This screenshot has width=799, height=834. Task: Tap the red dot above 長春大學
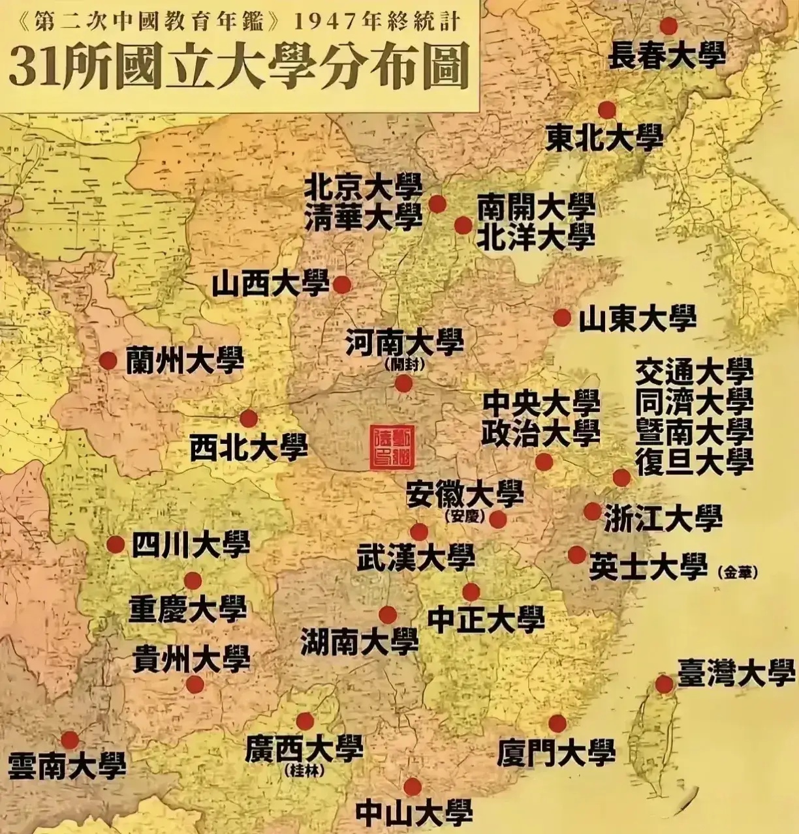pos(668,26)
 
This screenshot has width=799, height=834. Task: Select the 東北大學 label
pos(604,138)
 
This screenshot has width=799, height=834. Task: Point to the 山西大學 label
pos(270,284)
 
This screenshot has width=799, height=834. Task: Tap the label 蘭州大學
pos(185,359)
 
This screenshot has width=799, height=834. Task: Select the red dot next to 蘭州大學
pos(108,360)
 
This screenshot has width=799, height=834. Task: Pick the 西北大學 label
pos(249,448)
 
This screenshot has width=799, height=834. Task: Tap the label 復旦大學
pos(695,461)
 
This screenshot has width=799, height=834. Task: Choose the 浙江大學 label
pos(663,518)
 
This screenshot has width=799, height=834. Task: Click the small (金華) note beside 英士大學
pos(738,573)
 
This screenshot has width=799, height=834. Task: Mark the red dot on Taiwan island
pos(664,684)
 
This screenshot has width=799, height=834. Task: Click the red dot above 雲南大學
pos(70,740)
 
